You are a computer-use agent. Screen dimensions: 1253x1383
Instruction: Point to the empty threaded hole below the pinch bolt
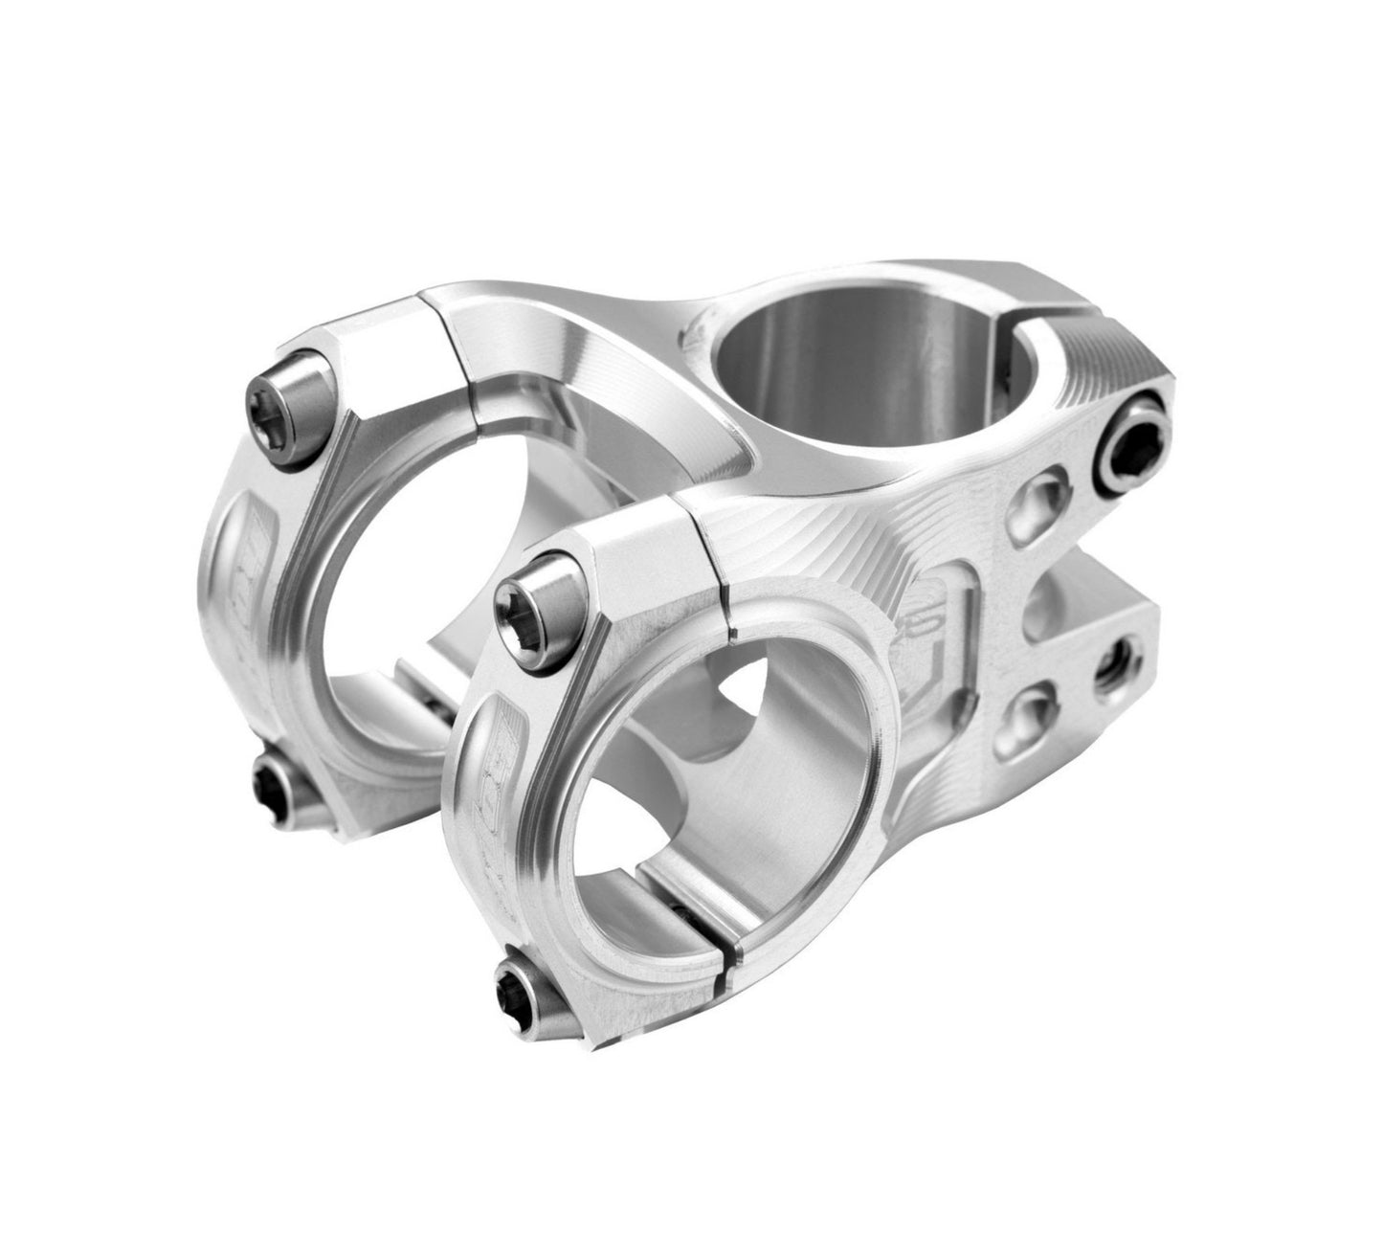1116,658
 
